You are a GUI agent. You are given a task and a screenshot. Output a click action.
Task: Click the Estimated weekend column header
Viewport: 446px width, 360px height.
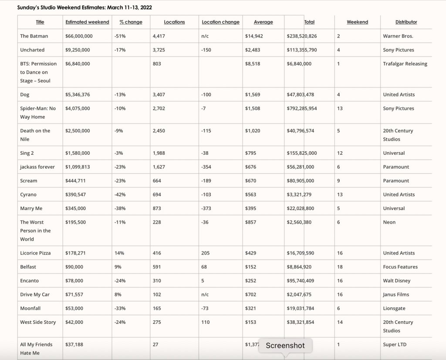tap(87, 22)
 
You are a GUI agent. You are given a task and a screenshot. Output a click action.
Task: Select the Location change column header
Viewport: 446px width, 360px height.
tap(220, 22)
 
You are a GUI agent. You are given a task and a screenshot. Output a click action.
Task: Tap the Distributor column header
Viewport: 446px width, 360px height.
tap(406, 22)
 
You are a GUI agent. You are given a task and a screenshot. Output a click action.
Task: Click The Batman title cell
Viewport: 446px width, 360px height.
tap(34, 36)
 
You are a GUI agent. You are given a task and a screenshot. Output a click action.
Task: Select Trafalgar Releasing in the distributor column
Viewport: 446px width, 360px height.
tap(405, 64)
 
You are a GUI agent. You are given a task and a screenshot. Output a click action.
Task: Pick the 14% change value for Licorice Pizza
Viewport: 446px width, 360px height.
tap(119, 253)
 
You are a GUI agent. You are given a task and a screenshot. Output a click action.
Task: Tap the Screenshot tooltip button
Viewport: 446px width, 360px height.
tap(285, 346)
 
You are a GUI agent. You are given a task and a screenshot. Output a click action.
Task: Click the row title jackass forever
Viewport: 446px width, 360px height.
tap(37, 167)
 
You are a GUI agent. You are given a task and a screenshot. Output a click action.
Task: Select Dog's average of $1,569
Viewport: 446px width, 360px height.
tap(253, 95)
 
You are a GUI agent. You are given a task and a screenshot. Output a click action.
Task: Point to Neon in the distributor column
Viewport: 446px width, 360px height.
tap(389, 222)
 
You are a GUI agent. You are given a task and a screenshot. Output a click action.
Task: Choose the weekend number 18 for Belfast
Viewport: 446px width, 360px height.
tap(340, 267)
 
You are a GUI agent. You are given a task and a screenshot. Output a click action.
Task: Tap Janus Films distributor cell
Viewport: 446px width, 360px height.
tap(396, 295)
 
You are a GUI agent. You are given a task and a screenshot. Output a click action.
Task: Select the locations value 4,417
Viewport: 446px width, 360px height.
tap(159, 36)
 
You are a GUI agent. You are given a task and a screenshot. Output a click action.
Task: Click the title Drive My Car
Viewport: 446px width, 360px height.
tap(35, 295)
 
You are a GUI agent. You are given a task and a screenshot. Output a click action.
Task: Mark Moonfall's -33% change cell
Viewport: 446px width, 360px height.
tap(120, 309)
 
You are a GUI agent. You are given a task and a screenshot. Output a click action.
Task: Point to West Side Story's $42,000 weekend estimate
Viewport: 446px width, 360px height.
tap(74, 323)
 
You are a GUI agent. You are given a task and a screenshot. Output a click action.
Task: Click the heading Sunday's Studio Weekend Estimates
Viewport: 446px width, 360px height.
tap(84, 8)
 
